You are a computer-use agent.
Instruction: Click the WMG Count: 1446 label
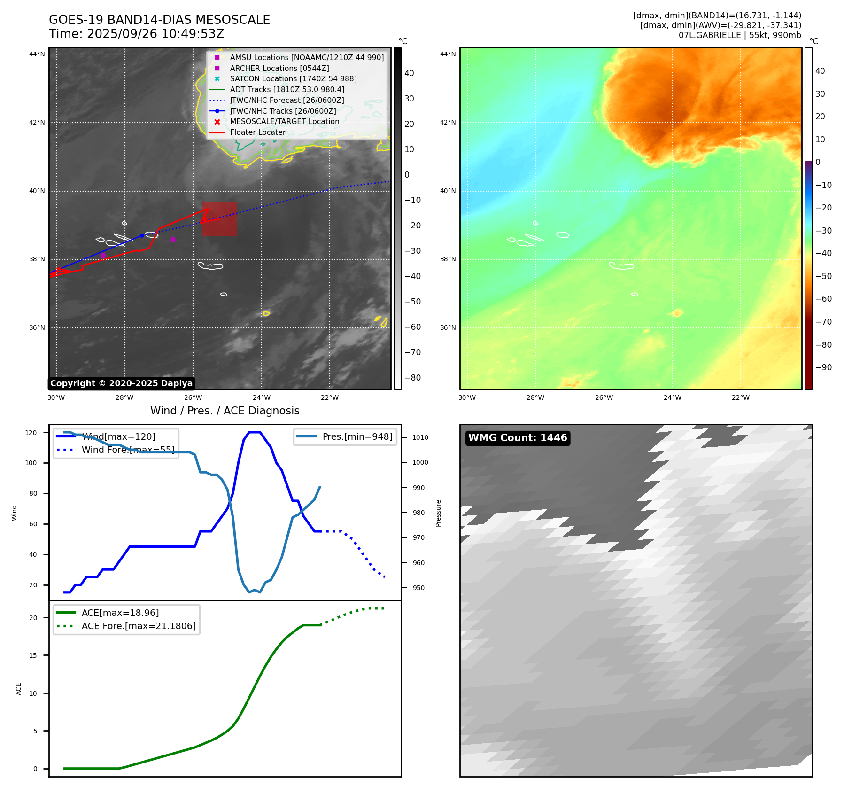click(x=518, y=438)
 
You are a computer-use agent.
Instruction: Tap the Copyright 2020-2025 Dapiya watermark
click(x=121, y=383)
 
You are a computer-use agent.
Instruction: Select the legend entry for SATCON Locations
click(x=293, y=79)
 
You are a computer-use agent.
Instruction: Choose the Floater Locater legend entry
click(x=257, y=132)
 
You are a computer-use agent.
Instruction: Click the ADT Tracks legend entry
click(x=287, y=90)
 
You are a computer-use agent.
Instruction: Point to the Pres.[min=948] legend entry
click(x=357, y=436)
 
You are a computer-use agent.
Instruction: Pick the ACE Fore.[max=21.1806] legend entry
click(x=139, y=626)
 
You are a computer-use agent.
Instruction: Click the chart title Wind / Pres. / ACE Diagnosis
click(x=225, y=411)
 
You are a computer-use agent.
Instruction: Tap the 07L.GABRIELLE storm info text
click(x=740, y=35)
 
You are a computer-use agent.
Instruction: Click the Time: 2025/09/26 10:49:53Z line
click(x=137, y=34)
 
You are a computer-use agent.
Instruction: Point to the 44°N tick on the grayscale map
click(x=37, y=54)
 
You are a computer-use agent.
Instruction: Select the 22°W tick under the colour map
click(x=741, y=397)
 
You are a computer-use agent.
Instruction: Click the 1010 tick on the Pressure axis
click(x=420, y=437)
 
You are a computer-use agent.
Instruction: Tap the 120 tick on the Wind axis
click(x=31, y=433)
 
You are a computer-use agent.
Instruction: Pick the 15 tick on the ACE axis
click(x=33, y=655)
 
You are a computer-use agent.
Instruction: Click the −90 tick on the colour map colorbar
click(x=823, y=367)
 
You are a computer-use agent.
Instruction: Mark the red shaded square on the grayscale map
click(x=219, y=218)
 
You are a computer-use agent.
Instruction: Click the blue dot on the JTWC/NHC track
click(x=142, y=235)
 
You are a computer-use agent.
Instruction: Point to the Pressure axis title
click(x=438, y=513)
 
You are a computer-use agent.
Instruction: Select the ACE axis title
click(x=19, y=689)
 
